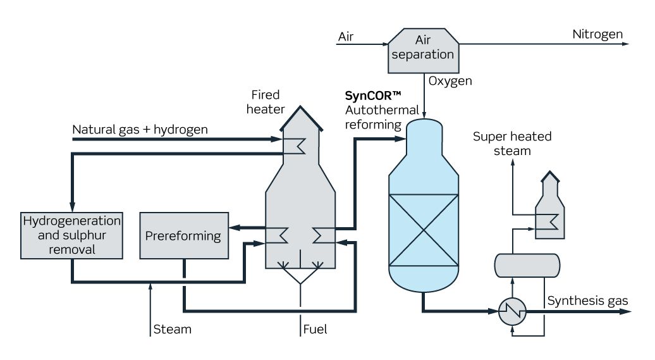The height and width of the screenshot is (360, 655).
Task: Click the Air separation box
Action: click(422, 49)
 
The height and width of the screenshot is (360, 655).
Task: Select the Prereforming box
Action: click(183, 235)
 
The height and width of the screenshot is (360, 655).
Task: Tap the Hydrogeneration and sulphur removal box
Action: click(71, 235)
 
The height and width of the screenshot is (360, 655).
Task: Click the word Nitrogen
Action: click(597, 34)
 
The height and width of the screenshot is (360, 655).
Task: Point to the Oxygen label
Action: click(450, 81)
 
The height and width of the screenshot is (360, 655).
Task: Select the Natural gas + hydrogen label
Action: click(140, 130)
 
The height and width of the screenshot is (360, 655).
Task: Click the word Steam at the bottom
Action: click(172, 330)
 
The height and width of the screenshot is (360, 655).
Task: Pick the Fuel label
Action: click(315, 330)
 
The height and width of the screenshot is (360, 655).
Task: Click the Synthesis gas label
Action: click(587, 301)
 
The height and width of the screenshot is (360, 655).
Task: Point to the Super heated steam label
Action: click(512, 144)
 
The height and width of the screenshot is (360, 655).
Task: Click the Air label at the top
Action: click(346, 36)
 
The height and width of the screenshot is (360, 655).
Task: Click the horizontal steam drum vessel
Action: click(526, 265)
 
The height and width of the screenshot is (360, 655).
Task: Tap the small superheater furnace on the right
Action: click(548, 209)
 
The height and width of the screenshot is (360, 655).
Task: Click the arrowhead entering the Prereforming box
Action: click(232, 227)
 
